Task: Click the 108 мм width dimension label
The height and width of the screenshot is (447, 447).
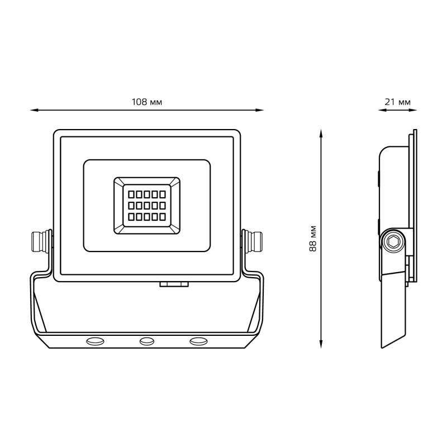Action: tap(146, 102)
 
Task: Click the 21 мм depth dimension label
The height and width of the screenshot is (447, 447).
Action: tap(397, 102)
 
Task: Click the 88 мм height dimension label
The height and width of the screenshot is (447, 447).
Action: tap(313, 239)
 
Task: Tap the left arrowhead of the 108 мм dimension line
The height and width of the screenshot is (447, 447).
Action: tap(34, 110)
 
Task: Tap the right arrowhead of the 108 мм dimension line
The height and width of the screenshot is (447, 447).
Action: tap(260, 110)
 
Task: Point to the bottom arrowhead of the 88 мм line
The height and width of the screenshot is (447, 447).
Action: tap(321, 344)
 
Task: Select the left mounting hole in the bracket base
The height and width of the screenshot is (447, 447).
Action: tap(95, 341)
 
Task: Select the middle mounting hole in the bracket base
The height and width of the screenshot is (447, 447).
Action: tap(147, 341)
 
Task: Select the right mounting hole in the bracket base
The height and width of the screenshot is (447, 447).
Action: tap(198, 341)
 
